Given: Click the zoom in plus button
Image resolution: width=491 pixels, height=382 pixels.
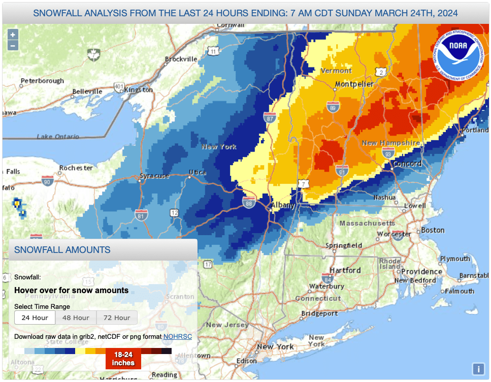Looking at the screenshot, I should (x=13, y=35).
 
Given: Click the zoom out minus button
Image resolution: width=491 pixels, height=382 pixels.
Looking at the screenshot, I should (x=13, y=45).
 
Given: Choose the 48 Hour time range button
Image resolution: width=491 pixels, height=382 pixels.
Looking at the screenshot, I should (x=76, y=317).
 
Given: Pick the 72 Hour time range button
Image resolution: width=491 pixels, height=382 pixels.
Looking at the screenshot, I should (x=117, y=317).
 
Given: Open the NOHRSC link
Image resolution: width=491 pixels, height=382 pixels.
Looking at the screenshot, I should (x=177, y=336).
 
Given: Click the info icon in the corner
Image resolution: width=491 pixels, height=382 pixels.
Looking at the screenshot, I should (x=477, y=369).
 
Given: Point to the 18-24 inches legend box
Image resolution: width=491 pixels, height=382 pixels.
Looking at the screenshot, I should (x=123, y=359).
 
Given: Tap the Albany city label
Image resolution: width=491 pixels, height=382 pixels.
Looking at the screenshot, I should (x=283, y=205).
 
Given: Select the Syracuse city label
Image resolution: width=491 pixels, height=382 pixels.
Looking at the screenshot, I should (x=155, y=176).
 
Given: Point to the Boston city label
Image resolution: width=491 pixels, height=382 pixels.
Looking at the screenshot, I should (x=433, y=230).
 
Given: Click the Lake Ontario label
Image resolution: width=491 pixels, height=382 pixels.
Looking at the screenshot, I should (x=58, y=137).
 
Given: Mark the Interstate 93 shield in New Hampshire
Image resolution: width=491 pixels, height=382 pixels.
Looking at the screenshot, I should (x=387, y=153).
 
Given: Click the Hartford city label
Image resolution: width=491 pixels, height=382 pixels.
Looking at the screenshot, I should (x=345, y=270).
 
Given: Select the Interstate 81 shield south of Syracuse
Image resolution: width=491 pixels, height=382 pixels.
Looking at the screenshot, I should (x=141, y=215).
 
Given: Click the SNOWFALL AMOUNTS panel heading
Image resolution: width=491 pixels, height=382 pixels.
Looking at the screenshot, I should (x=62, y=249).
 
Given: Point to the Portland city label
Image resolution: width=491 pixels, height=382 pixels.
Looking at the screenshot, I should (x=475, y=131).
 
